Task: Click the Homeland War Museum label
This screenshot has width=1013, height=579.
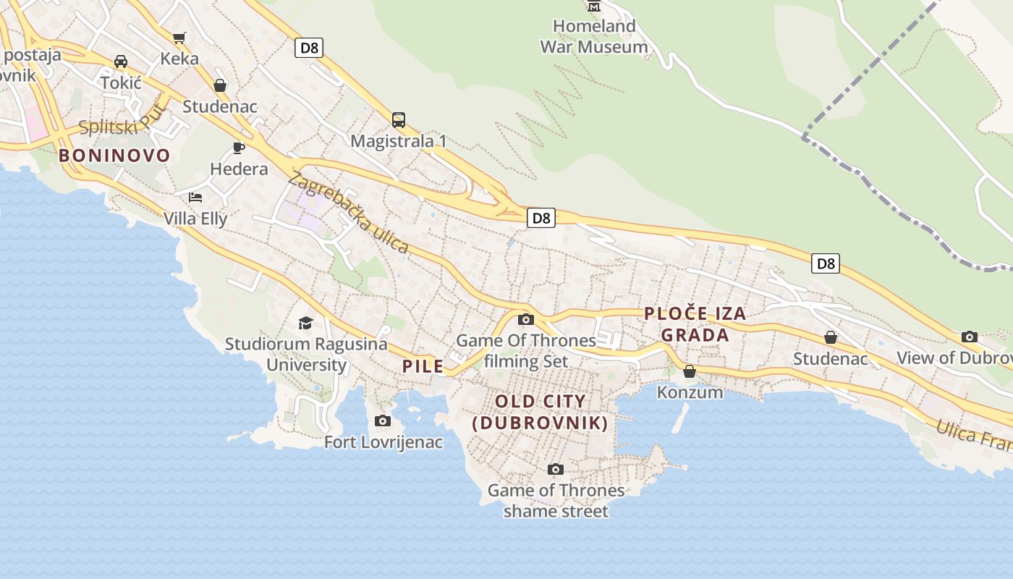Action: (x=594, y=36)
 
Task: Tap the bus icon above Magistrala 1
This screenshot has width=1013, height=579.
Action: (x=398, y=120)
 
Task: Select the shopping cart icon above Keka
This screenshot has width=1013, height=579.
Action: (x=179, y=38)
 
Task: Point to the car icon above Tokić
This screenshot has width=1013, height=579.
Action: (x=121, y=62)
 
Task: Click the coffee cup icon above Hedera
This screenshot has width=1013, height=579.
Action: (x=239, y=148)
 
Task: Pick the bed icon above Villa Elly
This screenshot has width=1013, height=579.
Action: (x=195, y=197)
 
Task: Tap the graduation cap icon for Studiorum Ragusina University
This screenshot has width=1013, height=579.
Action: (x=306, y=323)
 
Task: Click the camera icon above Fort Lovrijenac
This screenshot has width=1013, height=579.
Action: (x=383, y=421)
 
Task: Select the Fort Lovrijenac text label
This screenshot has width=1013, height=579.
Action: (x=383, y=441)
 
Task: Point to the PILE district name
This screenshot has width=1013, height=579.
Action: (x=423, y=366)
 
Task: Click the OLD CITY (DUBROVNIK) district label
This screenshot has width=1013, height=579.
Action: (x=541, y=412)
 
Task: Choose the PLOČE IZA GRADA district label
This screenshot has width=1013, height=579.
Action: (x=695, y=324)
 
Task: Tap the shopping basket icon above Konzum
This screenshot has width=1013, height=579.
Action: (x=690, y=371)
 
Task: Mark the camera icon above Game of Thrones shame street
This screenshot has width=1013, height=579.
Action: (x=555, y=470)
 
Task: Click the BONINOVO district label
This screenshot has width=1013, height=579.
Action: (x=114, y=155)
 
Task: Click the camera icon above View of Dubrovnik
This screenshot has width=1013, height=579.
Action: (x=970, y=337)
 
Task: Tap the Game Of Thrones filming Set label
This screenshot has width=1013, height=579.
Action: (x=526, y=350)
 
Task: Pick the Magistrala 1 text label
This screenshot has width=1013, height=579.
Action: (x=398, y=141)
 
